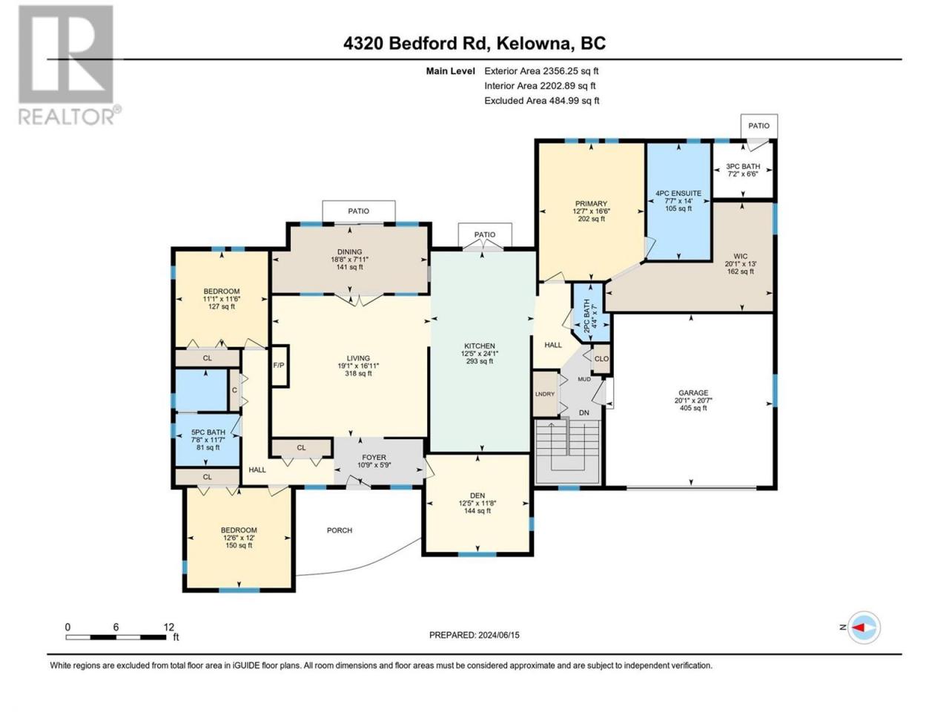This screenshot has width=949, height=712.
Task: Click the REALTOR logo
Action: [x=68, y=65]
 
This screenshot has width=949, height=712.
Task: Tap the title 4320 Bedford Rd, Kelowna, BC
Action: [x=474, y=44]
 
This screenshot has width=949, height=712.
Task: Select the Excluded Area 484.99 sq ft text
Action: [x=541, y=101]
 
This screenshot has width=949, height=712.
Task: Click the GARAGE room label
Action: [x=693, y=392]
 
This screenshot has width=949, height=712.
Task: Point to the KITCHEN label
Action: [x=480, y=346]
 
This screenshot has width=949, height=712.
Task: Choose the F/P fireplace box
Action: [x=280, y=366]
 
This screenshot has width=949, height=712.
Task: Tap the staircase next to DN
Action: [x=567, y=452]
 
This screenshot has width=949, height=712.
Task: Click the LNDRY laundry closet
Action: [x=546, y=393]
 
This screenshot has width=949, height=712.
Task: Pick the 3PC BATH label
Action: [x=743, y=166]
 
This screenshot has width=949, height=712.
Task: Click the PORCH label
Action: [x=340, y=530]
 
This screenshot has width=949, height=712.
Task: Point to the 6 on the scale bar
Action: [x=116, y=627]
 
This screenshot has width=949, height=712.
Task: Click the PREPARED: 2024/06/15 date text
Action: [x=474, y=635]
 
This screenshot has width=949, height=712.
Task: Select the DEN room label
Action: [x=477, y=495]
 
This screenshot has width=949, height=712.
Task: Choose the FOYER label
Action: [x=374, y=458]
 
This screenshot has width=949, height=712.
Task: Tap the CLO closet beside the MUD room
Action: [x=601, y=359]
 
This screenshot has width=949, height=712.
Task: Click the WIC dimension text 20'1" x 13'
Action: [x=740, y=264]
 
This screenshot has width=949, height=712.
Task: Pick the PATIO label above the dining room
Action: [x=358, y=211]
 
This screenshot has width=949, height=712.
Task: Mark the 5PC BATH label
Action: [x=208, y=432]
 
